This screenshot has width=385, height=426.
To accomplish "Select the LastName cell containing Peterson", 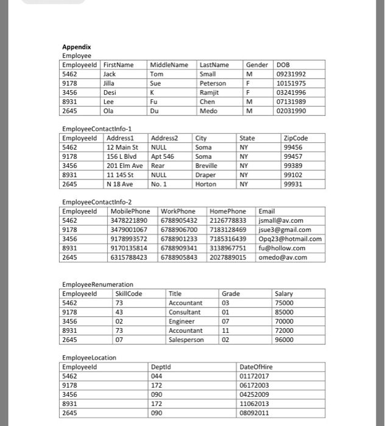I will click(x=213, y=83).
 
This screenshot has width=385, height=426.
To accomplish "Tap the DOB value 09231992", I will click(x=291, y=74).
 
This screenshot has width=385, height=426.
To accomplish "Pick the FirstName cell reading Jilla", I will click(x=110, y=83).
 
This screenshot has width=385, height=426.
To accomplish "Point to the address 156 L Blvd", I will click(x=123, y=156).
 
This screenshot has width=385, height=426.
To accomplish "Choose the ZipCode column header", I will click(x=296, y=138).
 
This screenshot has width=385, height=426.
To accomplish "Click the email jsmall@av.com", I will click(x=281, y=220).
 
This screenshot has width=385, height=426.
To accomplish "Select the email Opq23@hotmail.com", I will click(x=290, y=239).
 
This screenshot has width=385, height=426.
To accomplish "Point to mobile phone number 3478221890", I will click(x=129, y=220).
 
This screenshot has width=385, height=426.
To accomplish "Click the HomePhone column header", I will click(x=228, y=211).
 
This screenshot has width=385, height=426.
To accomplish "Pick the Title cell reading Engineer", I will click(x=182, y=321).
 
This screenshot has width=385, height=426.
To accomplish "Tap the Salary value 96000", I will click(x=284, y=340).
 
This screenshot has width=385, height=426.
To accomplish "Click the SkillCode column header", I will click(x=129, y=294).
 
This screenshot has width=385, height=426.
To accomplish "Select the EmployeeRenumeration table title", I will click(x=97, y=285).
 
